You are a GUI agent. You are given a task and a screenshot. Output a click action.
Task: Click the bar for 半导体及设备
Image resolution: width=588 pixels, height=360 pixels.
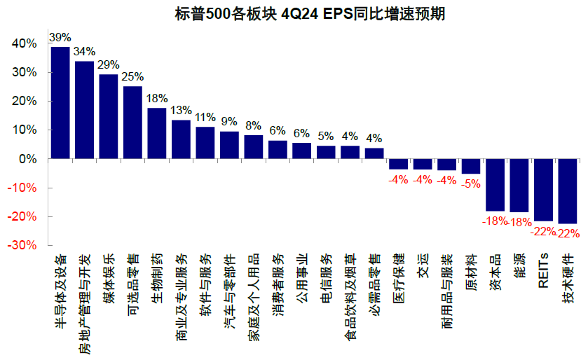(60, 103)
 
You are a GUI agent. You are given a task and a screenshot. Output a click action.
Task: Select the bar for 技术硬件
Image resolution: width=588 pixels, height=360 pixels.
(567, 191)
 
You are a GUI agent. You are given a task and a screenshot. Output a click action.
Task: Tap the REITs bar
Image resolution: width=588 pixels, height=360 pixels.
(543, 190)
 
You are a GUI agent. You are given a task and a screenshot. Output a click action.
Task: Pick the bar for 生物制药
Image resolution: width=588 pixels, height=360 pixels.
(156, 133)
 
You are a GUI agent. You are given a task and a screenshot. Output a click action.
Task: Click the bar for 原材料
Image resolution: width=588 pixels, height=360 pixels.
(471, 166)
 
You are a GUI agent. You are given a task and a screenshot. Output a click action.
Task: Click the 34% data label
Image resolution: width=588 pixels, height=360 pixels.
(84, 52)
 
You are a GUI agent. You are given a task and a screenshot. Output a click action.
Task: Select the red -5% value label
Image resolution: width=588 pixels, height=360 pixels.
(471, 184)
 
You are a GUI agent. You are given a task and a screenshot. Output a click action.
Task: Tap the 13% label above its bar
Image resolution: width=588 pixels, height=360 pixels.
(181, 111)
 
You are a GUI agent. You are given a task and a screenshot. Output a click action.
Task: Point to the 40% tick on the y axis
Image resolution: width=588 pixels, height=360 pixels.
(25, 43)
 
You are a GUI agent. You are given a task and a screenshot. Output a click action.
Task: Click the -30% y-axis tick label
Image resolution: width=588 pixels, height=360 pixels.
(22, 247)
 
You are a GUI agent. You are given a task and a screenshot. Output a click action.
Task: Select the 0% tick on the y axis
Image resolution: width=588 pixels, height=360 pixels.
(28, 159)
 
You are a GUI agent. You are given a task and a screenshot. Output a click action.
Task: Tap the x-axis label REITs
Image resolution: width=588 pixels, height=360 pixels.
(543, 270)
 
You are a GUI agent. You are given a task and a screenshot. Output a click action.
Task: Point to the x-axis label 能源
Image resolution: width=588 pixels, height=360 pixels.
(519, 265)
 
